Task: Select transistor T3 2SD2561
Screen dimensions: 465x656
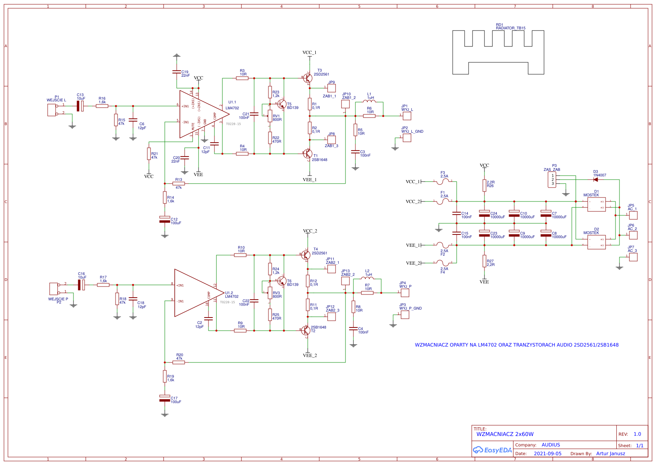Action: coord(308,78)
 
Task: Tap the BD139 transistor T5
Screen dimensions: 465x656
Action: coord(282,105)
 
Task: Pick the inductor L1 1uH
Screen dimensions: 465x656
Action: coord(369,102)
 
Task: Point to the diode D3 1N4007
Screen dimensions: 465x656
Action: coord(596,180)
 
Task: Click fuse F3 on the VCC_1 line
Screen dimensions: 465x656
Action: coord(443,181)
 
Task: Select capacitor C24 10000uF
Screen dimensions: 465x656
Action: coord(484,213)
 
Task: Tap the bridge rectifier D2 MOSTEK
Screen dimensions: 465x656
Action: coord(596,242)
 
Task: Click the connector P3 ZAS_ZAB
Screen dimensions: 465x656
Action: coord(552,180)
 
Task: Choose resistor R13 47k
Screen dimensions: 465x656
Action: coord(179,184)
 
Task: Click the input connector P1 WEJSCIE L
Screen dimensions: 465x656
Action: coord(52,110)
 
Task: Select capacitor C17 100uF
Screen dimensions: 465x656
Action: coord(164,398)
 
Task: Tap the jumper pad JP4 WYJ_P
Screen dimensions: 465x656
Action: coord(405,293)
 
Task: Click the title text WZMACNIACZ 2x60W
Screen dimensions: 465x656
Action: coord(505,434)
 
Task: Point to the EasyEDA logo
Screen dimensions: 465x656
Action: coord(492,450)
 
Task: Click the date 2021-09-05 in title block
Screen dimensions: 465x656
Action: coord(547,454)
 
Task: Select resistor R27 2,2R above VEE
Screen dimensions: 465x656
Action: coord(484,261)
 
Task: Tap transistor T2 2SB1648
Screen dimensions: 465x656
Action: coord(306,330)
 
